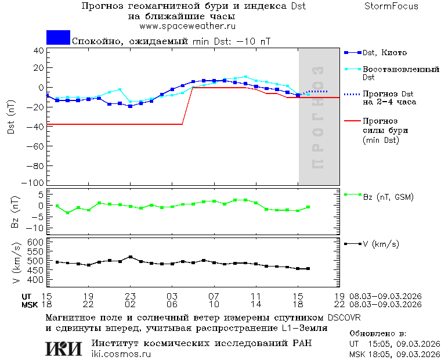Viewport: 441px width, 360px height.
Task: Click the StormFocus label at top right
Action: (391, 6)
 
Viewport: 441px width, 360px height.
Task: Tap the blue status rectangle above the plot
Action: (58, 38)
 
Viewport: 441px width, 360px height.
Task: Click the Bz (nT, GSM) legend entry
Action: (388, 197)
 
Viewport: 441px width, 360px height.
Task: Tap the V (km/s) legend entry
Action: (380, 244)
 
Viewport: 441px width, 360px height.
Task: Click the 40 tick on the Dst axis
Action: (38, 51)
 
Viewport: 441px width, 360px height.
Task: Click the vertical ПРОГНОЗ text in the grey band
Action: (317, 117)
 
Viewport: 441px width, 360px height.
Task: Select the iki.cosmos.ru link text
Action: (121, 354)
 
